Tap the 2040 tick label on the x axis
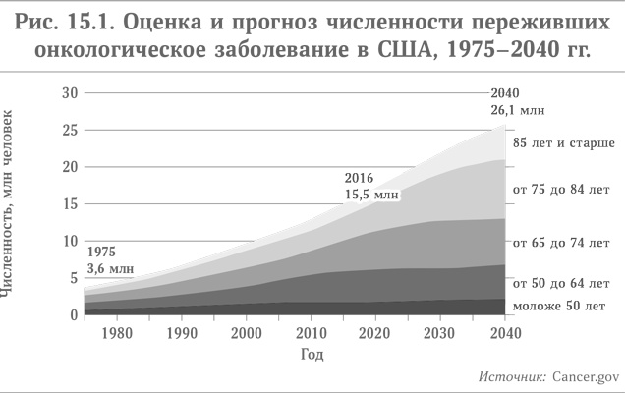[504, 333]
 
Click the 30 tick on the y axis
[70, 93]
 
